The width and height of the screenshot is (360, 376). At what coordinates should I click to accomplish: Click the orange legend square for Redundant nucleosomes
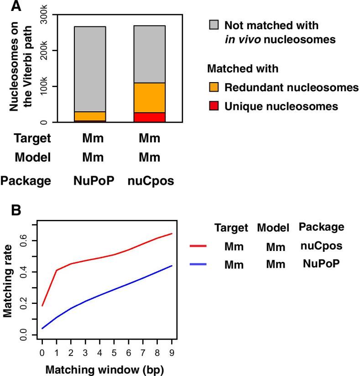[x=214, y=87]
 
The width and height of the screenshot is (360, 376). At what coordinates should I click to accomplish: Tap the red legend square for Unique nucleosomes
[x=214, y=106]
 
